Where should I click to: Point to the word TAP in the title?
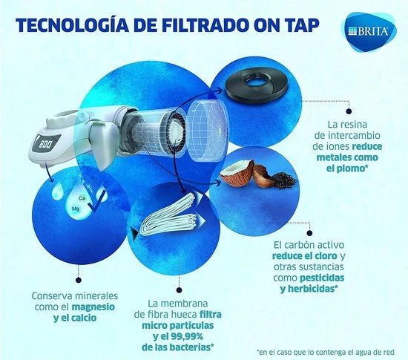(x=303, y=27)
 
